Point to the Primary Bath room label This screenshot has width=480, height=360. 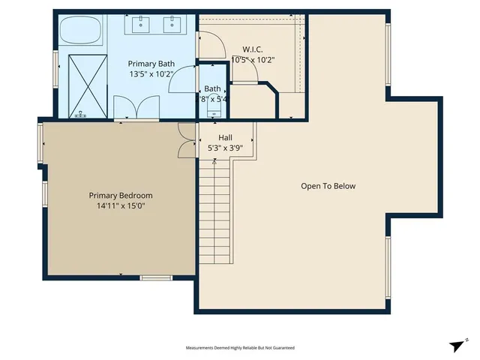click(x=151, y=64)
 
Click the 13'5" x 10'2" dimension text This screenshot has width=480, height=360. click(x=151, y=74)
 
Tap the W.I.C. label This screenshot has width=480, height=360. click(x=252, y=49)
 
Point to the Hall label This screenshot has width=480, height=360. click(x=225, y=138)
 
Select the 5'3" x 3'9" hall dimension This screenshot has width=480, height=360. click(x=225, y=148)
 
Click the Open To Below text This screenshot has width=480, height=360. click(x=328, y=186)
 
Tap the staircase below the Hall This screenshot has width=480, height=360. click(x=215, y=214)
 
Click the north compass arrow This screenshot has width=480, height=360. click(x=457, y=345)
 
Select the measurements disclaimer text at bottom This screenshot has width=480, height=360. click(x=240, y=348)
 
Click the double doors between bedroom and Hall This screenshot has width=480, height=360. click(x=185, y=140)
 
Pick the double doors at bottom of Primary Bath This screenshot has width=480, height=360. click(x=124, y=109)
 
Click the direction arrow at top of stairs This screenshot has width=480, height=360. click(x=215, y=160)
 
